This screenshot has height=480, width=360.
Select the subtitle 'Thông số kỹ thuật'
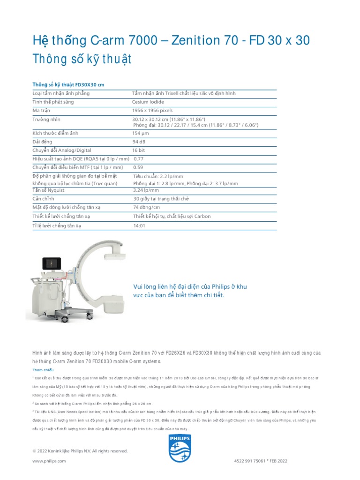click(82, 60)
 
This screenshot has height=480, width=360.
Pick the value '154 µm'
click(141, 133)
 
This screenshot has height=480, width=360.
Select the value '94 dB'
click(139, 142)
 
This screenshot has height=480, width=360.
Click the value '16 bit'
click(139, 150)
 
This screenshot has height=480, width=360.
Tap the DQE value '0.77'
click(139, 158)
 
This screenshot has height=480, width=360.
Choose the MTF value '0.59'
click(138, 167)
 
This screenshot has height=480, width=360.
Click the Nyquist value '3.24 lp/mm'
click(146, 190)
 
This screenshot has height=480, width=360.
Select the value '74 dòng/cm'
click(147, 207)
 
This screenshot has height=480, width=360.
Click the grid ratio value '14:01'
click(140, 225)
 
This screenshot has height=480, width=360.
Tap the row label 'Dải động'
click(42, 142)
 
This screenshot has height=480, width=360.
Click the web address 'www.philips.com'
click(49, 461)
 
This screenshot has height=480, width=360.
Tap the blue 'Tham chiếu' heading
click(43, 370)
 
